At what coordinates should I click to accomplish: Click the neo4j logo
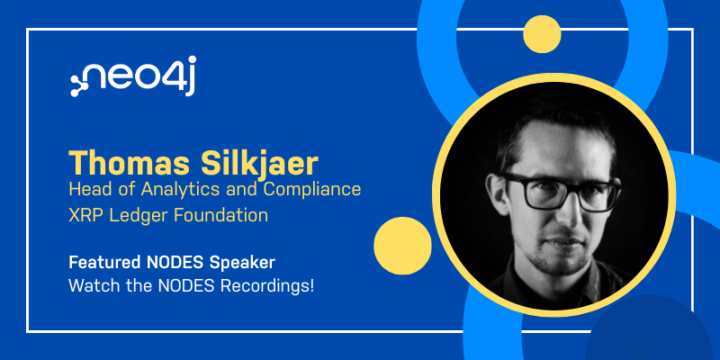[x=133, y=76]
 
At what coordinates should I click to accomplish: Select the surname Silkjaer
[x=259, y=164]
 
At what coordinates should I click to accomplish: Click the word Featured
[x=105, y=263]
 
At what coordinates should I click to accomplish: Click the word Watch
[x=92, y=286]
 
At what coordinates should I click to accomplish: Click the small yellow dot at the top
[x=542, y=34]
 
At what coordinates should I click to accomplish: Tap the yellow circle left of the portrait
[x=402, y=246]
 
